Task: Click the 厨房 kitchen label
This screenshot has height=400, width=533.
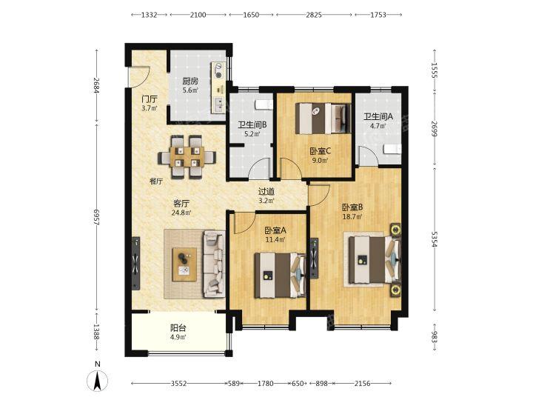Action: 190,81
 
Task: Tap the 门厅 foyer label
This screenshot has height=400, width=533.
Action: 150,99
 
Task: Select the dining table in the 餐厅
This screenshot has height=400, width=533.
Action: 187,157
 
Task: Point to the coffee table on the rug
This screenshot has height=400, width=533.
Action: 184,264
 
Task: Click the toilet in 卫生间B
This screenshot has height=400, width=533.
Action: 264,104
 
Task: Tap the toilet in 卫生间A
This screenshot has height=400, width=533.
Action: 392,149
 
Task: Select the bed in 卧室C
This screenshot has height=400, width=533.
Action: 323,119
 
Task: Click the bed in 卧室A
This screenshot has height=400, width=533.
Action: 280,275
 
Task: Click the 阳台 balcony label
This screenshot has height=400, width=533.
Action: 178,328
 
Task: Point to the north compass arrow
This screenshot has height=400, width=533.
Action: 98,379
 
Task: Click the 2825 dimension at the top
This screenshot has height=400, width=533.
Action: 313,15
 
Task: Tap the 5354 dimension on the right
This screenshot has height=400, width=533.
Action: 435,239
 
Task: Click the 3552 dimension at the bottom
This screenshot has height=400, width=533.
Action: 179,384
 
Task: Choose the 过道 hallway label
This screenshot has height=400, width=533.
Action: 266,192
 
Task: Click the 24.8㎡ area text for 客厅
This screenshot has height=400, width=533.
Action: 181,213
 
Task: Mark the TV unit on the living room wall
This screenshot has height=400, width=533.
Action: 135,263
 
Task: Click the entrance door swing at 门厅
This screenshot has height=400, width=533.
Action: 140,78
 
